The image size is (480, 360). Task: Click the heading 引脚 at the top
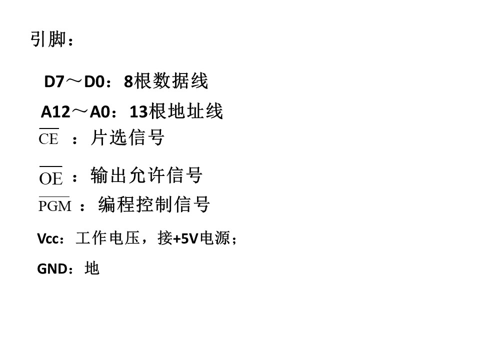(x=48, y=39)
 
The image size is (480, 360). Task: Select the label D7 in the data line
(x=54, y=81)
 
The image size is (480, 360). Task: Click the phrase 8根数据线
(x=166, y=81)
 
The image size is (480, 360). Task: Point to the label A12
(x=55, y=111)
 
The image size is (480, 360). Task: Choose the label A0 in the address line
(x=100, y=111)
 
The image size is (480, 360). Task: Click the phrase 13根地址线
(x=176, y=111)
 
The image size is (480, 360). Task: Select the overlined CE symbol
(x=48, y=136)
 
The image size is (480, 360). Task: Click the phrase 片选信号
(x=127, y=137)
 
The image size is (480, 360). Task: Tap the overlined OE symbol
(x=51, y=176)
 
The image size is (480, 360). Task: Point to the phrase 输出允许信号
(x=146, y=175)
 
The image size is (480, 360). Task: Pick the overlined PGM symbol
(x=54, y=204)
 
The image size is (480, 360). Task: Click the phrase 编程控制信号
(x=154, y=204)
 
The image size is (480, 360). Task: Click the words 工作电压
(x=108, y=238)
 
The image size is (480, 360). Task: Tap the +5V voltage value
(x=185, y=238)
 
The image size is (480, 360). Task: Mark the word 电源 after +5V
(x=214, y=238)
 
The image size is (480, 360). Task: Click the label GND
(x=52, y=269)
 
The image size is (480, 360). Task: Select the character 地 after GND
(x=92, y=268)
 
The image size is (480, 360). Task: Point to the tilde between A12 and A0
(x=79, y=111)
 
